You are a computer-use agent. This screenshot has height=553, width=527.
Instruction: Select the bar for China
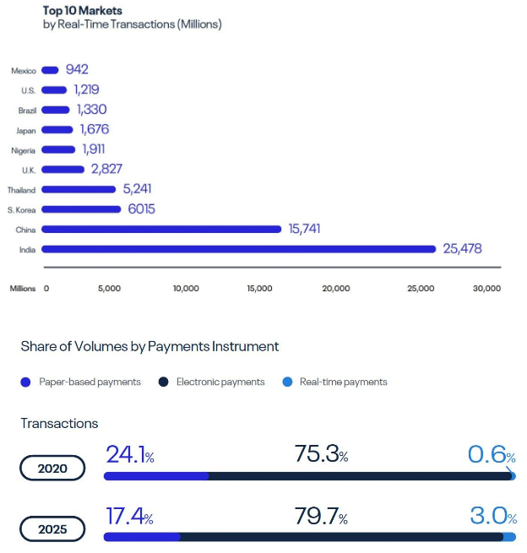(x=160, y=229)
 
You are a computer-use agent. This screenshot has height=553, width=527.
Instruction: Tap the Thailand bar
(x=79, y=189)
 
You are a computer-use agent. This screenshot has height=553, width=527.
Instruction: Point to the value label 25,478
(x=461, y=248)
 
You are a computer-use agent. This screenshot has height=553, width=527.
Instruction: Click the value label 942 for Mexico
(x=77, y=70)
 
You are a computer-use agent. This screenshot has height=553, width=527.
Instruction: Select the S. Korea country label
(x=21, y=209)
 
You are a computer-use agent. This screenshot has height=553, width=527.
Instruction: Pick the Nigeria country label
(x=22, y=149)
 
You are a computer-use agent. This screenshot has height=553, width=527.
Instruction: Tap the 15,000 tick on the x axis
(x=259, y=288)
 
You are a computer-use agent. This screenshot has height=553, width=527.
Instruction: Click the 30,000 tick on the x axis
(x=486, y=288)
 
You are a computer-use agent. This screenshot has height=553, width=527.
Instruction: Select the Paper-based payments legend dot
(x=25, y=382)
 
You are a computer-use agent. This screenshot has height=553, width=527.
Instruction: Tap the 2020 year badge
(x=52, y=468)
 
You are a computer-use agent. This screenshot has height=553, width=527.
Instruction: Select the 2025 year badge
(x=52, y=529)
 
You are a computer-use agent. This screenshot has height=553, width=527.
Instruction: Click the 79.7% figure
(x=321, y=516)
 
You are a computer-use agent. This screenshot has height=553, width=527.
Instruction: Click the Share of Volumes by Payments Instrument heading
(x=149, y=346)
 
